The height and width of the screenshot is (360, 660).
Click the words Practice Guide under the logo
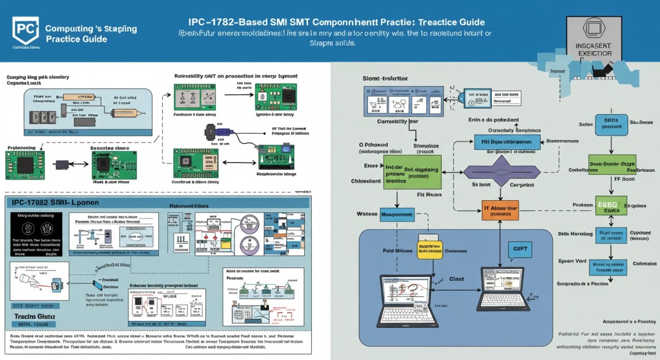pos(76,40)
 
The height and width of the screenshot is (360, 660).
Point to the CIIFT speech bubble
pos(519,250)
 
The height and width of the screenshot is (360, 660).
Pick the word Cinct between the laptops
pos(456,279)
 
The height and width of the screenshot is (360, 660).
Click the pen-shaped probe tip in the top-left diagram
pos(130,112)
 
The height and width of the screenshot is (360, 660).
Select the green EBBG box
pos(611,206)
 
